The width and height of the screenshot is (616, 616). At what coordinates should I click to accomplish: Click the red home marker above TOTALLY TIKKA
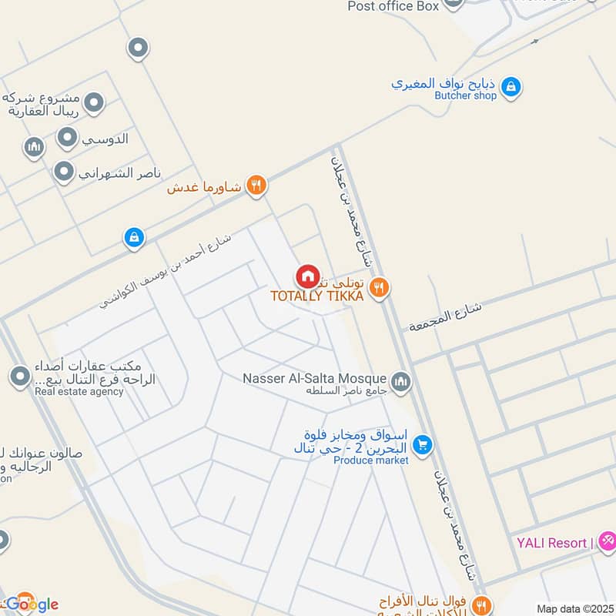(x=307, y=276)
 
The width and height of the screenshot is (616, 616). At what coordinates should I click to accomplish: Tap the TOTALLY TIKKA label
(x=316, y=296)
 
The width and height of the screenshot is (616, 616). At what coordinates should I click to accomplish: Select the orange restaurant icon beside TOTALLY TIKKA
(x=378, y=288)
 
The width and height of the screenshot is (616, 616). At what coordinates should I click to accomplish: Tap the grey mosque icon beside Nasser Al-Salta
(x=400, y=381)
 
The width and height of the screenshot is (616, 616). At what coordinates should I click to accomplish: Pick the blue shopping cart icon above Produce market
(x=421, y=444)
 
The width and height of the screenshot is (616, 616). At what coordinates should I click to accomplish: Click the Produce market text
(x=370, y=460)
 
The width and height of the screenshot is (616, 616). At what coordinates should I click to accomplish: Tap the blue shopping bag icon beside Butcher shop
(x=510, y=89)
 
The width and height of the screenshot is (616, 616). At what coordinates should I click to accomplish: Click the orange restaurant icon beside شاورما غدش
(x=256, y=186)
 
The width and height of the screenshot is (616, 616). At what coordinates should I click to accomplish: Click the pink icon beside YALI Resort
(x=607, y=541)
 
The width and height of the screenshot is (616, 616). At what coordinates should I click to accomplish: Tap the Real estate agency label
(x=79, y=392)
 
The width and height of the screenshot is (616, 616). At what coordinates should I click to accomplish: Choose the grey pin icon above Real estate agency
(x=19, y=377)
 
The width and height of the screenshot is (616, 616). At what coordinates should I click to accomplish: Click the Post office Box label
(x=393, y=6)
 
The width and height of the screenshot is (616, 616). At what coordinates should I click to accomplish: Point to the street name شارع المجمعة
(x=446, y=315)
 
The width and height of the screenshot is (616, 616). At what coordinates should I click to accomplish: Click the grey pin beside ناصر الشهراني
(x=63, y=172)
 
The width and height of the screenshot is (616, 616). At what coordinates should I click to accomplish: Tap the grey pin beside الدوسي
(x=68, y=139)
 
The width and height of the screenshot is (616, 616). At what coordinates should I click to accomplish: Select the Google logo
(x=31, y=604)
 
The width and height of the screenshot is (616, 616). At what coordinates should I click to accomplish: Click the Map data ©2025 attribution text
(x=574, y=608)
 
